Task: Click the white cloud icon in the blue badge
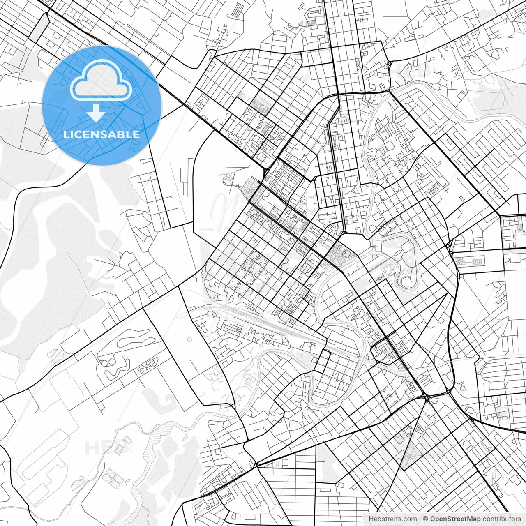point(102,80)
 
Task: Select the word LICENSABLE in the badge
point(102,134)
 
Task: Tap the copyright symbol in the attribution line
point(426,519)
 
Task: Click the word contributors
point(502,519)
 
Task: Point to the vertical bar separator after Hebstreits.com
point(420,519)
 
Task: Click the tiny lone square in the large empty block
point(189,339)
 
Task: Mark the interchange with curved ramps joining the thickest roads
point(427,398)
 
